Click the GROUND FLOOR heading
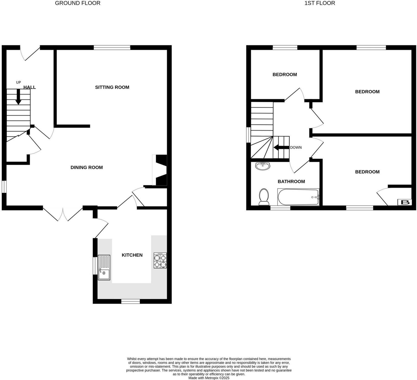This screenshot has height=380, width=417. point(78,3)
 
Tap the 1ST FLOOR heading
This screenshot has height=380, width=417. point(319,3)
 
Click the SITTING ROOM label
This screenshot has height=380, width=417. point(112,87)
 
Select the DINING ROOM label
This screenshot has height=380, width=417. point(87,167)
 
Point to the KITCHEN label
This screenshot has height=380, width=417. point(132,255)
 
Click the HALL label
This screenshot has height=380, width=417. point(30,87)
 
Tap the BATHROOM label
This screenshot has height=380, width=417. point(291,181)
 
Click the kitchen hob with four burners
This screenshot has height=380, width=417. point(160,260)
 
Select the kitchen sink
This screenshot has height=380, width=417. point(104,268)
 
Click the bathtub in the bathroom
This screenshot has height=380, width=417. point(298,197)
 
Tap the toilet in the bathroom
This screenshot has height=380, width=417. point(264,197)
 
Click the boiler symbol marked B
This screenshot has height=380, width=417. point(405,202)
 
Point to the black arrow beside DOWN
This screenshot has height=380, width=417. point(281,147)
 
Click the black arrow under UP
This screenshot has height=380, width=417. point(18,97)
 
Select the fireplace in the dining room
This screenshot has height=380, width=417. point(160,170)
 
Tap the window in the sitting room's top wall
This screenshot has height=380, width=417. point(112,47)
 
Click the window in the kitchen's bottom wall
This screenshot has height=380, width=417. point(130,302)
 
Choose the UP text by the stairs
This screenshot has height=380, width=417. point(18,82)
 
